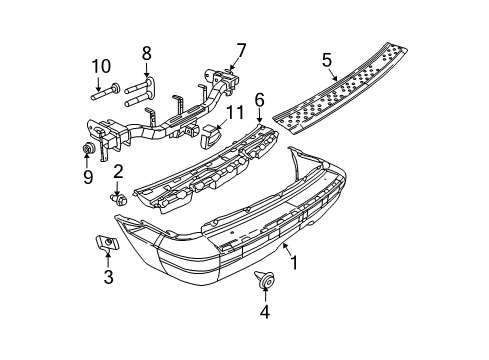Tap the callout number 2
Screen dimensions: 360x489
click(x=117, y=173)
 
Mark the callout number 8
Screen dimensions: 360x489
click(x=146, y=53)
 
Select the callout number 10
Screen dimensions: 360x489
click(x=98, y=67)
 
